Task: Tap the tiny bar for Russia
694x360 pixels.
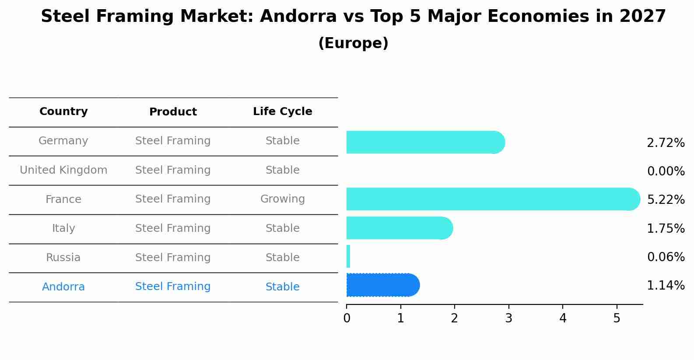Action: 348,256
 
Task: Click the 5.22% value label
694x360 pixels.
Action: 666,200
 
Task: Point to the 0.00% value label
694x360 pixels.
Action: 666,171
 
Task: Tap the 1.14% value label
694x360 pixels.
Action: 666,286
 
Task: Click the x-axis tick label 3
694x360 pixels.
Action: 508,318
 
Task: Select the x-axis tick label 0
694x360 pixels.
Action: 347,318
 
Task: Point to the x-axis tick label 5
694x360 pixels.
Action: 617,318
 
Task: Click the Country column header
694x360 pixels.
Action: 63,112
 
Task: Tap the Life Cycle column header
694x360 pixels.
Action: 282,112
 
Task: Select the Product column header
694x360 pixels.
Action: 173,112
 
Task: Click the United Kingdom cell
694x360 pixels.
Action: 63,170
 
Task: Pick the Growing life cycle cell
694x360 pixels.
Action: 282,199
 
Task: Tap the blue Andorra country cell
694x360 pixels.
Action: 63,287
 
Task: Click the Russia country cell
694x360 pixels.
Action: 63,258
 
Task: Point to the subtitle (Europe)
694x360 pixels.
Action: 353,43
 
